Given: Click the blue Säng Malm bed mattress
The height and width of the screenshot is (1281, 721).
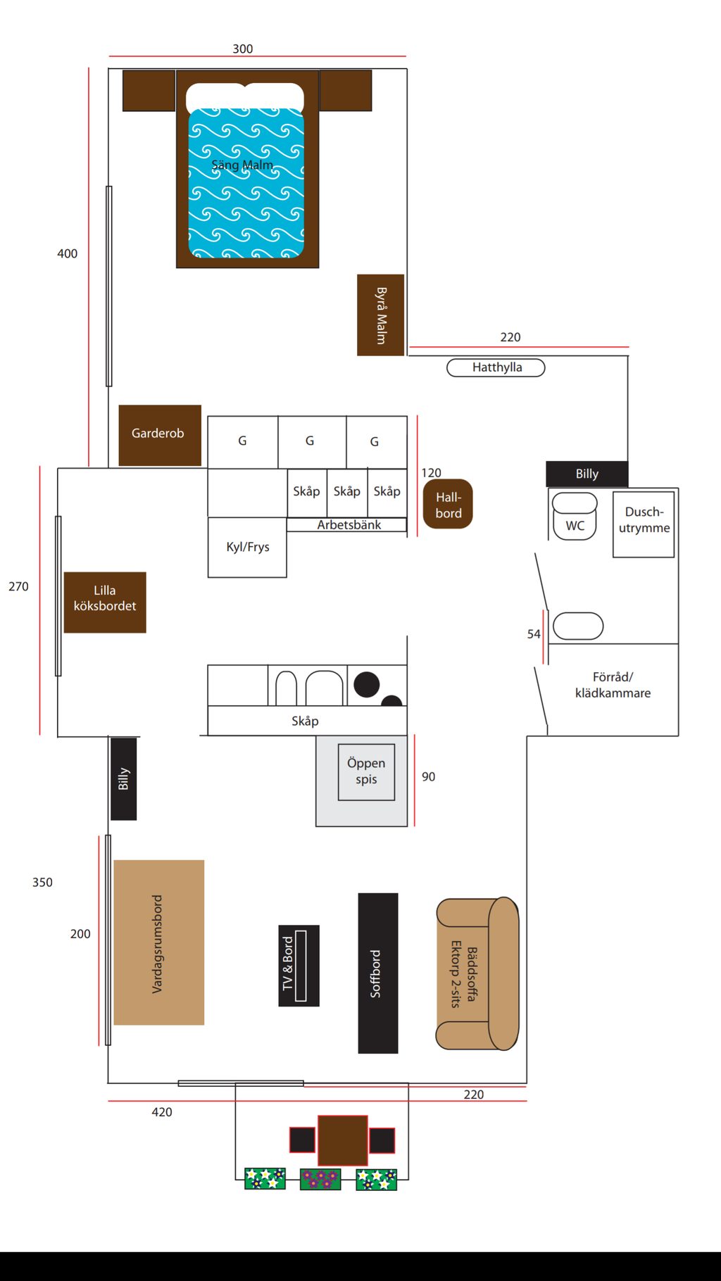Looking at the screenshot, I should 246,183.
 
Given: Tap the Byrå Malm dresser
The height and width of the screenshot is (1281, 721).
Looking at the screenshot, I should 380,315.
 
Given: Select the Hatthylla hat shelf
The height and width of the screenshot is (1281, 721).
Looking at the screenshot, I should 496,367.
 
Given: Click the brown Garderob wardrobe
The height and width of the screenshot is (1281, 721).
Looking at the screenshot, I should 159,434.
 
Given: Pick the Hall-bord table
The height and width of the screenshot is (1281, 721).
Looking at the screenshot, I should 448,504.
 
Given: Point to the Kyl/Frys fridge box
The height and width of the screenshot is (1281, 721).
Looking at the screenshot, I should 247,548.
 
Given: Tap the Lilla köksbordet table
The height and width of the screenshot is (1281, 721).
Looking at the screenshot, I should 105,602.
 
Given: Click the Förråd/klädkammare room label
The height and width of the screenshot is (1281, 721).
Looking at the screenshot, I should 613,685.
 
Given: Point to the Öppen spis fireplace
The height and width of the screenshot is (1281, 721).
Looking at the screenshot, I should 365,772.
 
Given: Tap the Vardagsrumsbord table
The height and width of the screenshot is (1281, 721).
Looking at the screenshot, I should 159,942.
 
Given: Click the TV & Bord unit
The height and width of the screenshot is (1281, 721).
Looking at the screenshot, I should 299,965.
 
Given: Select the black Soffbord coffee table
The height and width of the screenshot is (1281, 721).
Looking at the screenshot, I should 378,973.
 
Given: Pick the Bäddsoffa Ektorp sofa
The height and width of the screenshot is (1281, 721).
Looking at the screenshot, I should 477,973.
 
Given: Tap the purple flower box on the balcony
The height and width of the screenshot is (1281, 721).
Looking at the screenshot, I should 320,1179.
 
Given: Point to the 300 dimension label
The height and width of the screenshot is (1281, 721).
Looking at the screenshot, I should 243,49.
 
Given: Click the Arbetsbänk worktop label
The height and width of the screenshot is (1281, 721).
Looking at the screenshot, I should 349,525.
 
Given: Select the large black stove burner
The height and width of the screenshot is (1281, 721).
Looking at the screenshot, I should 366,684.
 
